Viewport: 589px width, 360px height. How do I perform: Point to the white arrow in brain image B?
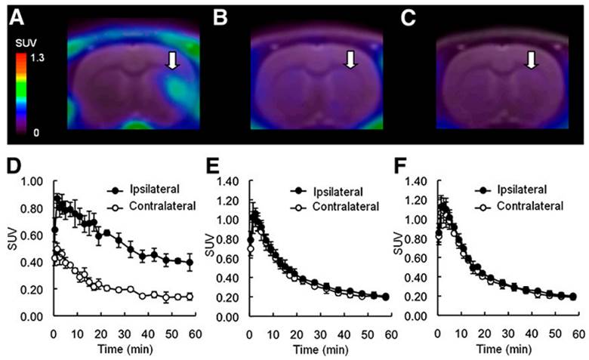(349, 59)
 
